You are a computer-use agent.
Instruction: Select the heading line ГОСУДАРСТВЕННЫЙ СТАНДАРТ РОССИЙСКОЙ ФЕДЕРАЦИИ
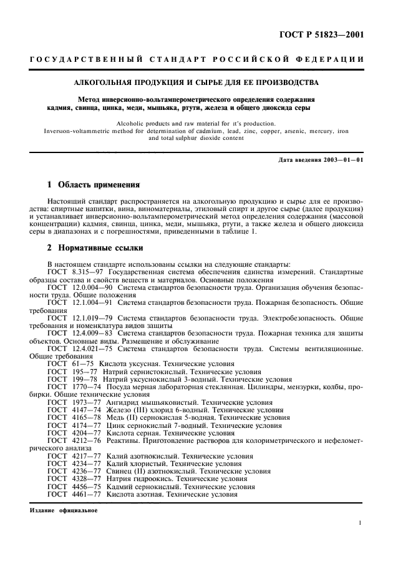[x=196, y=59]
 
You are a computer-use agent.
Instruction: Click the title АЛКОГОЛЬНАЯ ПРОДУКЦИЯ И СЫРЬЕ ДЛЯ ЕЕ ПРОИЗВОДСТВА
[x=196, y=82]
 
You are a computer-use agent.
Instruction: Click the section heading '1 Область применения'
[x=94, y=185]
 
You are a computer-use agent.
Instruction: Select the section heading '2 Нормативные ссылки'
[x=95, y=247]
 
